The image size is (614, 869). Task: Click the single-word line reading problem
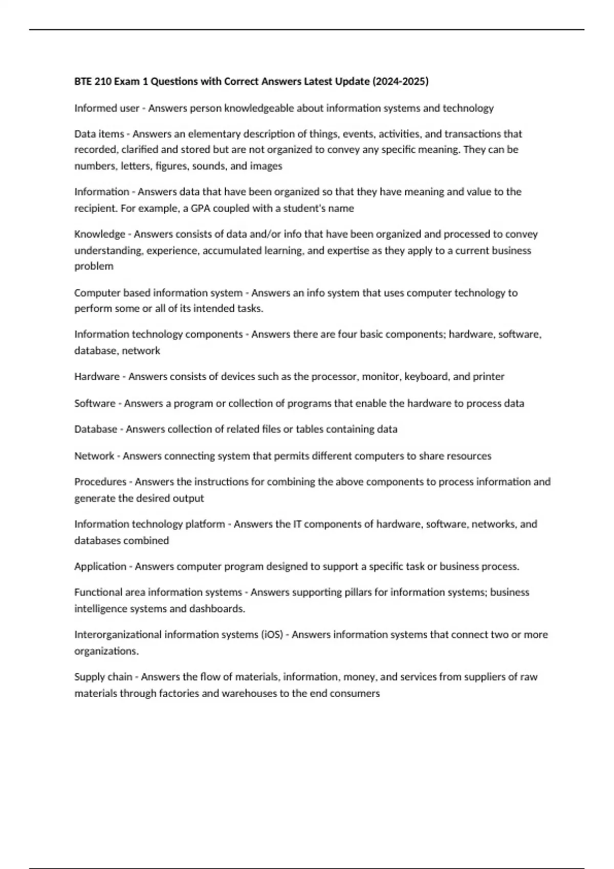94,266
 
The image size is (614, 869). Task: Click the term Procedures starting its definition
100,482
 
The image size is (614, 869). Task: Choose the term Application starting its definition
100,566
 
